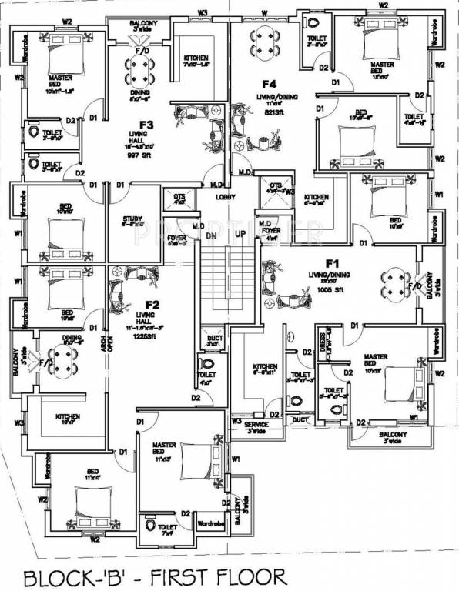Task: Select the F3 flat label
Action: [x=146, y=124]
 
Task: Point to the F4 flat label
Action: [x=269, y=83]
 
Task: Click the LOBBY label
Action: [x=226, y=196]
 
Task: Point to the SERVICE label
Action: [x=256, y=424]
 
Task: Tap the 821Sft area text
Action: [x=270, y=112]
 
